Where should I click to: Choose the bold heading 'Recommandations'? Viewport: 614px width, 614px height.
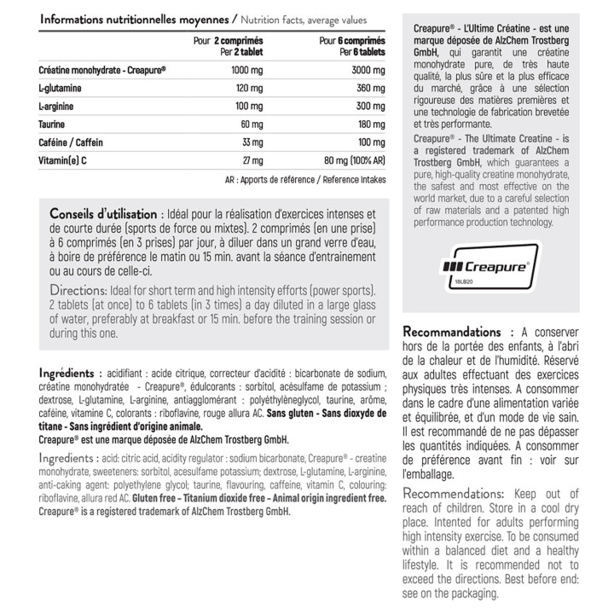451,332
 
